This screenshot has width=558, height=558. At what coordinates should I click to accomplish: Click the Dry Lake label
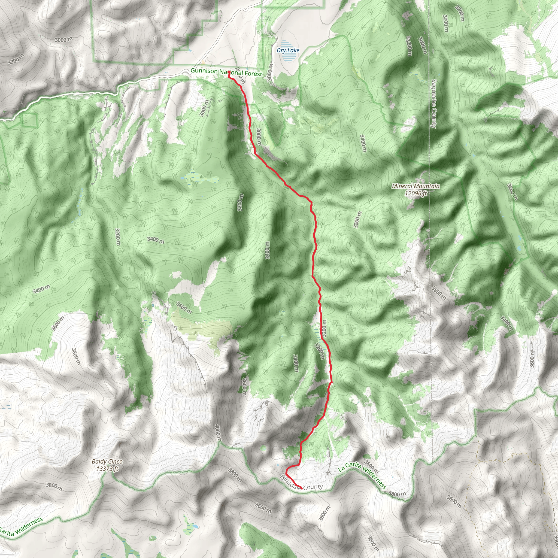click(x=288, y=50)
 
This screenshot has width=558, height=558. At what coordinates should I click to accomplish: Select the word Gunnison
click(x=204, y=71)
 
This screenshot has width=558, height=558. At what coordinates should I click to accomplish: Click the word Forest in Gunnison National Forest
click(x=253, y=74)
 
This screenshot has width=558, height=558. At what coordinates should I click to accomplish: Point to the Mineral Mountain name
click(x=416, y=186)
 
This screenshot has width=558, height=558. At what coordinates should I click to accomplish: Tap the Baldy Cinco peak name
click(x=107, y=462)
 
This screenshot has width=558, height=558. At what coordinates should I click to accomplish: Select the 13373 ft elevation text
click(x=107, y=468)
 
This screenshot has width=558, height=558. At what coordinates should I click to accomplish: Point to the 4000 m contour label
click(x=218, y=432)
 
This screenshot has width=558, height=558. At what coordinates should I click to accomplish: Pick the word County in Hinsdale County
click(x=313, y=487)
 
